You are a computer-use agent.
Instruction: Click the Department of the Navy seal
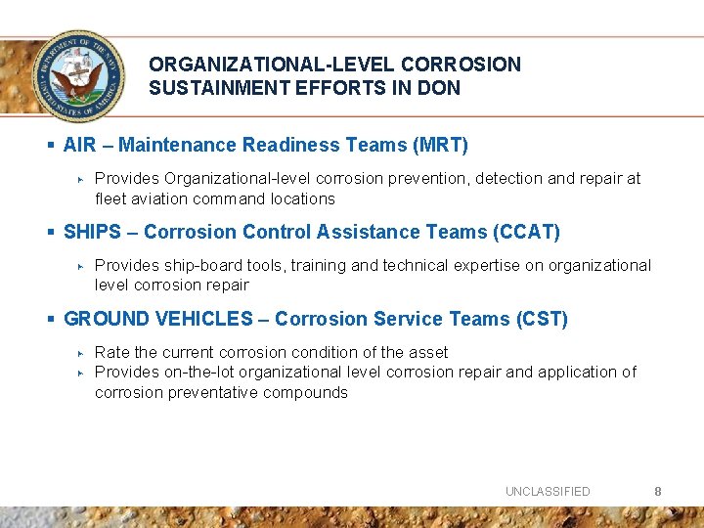[78, 74]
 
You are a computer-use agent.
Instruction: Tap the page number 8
[658, 491]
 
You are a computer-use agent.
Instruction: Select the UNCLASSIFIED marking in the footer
[548, 492]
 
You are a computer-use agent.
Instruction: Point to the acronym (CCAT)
[527, 233]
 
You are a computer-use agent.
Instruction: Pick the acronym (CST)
[542, 320]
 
